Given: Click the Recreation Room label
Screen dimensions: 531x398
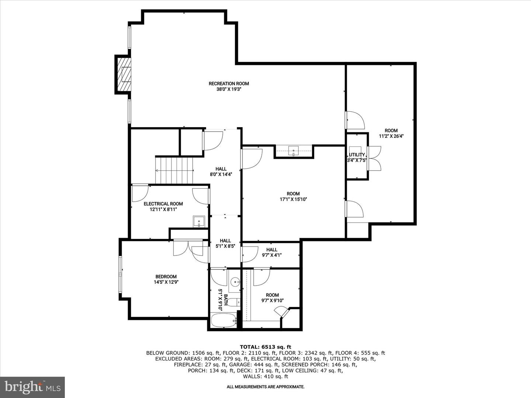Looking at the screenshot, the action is coord(229,84).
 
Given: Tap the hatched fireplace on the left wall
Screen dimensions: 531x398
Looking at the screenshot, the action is coord(123,74).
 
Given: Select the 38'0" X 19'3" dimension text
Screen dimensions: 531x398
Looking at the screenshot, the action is coord(229,90).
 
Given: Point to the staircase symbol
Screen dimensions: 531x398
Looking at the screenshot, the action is coord(174,171).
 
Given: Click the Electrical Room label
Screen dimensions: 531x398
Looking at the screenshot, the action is coord(163,204).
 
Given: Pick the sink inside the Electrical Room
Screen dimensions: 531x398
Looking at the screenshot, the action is coord(199,221).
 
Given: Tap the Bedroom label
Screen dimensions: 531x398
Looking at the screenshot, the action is coord(166,276).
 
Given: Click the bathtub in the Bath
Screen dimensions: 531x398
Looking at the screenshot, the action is coord(223,321).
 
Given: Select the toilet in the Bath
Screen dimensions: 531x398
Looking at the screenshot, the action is coord(234,302).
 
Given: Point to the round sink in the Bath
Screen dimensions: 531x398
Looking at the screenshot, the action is coord(235,282).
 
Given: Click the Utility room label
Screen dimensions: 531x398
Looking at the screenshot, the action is coord(357,155).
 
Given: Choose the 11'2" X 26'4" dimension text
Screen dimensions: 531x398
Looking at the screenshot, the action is coord(391,136).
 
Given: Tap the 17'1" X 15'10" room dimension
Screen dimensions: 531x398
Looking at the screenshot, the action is coord(293,199).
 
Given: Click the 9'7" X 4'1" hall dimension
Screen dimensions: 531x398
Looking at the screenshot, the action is coord(272,255).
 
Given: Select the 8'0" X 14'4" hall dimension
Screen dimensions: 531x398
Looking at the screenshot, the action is coord(221,174).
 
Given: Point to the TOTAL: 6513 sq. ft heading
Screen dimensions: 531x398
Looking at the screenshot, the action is coord(265,347).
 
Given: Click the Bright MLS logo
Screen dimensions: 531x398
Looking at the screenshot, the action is coord(32,387).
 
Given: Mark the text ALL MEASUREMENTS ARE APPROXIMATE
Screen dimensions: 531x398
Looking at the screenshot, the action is coord(265,387).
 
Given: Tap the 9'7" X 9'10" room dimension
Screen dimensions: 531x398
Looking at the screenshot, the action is coord(273,301).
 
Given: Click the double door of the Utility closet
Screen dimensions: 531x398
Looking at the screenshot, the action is coord(375,158).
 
